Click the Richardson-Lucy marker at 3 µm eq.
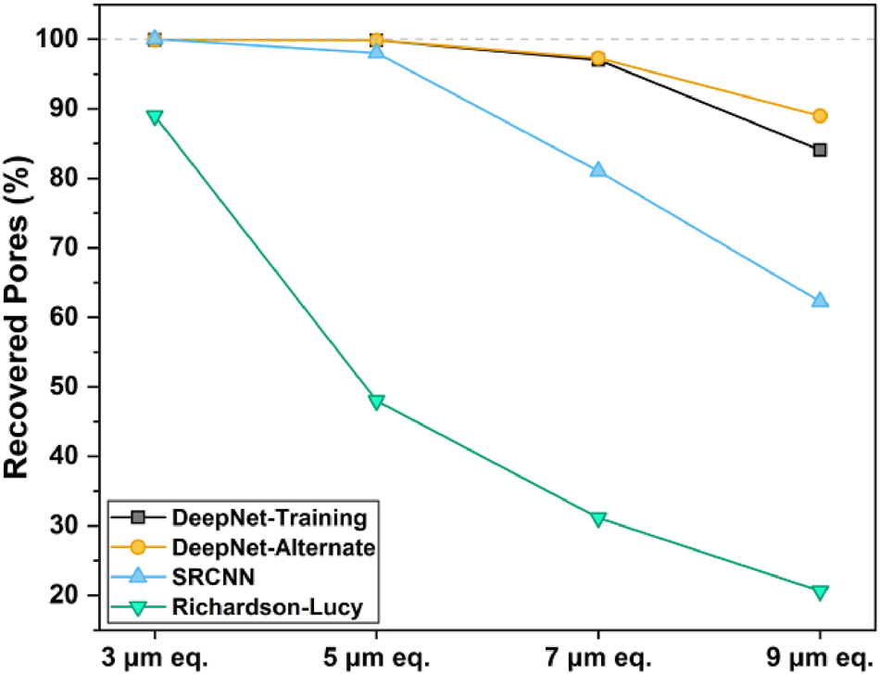point(155,117)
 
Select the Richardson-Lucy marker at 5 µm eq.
point(376,401)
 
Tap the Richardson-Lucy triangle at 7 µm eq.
point(597,518)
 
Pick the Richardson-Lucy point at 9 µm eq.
point(820,591)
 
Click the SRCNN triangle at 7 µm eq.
point(597,171)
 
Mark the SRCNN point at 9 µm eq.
point(820,300)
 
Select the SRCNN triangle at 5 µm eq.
point(376,51)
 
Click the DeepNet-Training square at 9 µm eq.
point(820,150)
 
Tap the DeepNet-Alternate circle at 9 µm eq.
point(820,116)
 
